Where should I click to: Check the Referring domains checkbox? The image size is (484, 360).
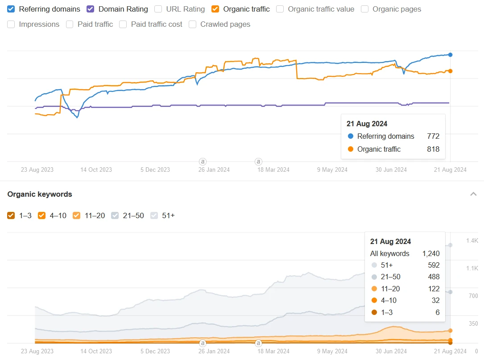click(11, 9)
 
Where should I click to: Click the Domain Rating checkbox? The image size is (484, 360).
click(91, 9)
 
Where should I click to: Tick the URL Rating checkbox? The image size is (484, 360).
click(158, 9)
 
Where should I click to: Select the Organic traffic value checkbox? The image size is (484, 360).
click(280, 9)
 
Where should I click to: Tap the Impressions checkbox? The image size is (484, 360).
click(11, 25)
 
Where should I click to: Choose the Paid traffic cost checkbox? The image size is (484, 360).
click(123, 25)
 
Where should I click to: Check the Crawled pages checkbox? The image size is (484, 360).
click(193, 25)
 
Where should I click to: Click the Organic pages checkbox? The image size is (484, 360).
click(364, 9)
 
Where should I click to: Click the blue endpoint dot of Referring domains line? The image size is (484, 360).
click(451, 55)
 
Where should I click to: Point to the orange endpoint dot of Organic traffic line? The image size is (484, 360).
click(451, 71)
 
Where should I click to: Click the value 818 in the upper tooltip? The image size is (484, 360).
click(433, 149)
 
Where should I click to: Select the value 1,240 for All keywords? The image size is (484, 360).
click(431, 253)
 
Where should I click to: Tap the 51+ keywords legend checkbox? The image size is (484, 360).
click(154, 215)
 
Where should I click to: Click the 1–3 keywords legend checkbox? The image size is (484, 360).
click(11, 215)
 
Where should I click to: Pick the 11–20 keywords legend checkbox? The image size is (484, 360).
click(76, 215)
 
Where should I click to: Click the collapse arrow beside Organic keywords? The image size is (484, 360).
click(473, 194)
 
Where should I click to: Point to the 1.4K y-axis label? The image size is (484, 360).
click(472, 241)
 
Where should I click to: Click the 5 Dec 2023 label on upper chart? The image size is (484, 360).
click(155, 170)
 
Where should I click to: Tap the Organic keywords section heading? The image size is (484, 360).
click(40, 194)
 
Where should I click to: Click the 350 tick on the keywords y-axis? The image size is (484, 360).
click(473, 324)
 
